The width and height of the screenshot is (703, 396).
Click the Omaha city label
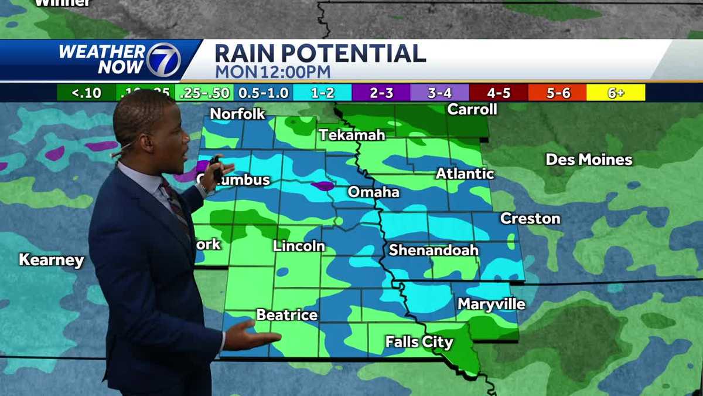373,192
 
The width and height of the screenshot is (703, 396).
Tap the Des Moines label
589,160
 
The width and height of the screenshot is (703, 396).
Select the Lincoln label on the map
299,246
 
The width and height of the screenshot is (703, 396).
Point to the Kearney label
52,260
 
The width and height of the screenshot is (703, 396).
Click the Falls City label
419,342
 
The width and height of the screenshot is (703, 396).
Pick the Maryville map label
491,304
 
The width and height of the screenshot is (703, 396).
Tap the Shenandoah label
434,251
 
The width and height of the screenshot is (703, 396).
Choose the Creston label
530,219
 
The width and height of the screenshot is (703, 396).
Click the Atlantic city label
465,174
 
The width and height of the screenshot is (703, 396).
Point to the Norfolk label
238,114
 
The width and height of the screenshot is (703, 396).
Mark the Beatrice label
287,315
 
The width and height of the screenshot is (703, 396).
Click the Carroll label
472,109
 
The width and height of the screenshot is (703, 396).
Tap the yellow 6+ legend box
616,93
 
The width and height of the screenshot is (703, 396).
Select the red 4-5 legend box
498,93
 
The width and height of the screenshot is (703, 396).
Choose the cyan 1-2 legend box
322,93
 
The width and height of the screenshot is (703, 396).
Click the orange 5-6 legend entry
557,93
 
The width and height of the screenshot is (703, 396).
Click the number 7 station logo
162,60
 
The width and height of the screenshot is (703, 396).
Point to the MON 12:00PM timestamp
272,72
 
